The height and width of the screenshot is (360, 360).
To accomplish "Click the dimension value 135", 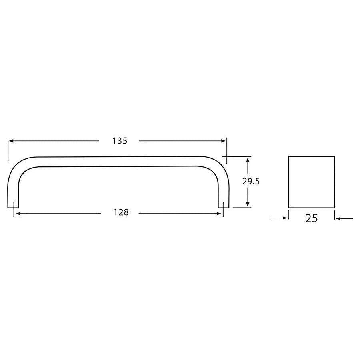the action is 120,141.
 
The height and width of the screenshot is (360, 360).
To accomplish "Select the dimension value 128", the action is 121,212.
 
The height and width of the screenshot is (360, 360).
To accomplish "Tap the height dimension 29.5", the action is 251,181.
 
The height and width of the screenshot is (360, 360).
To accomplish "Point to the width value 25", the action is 312,218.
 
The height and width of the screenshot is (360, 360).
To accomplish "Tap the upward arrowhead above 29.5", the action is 248,160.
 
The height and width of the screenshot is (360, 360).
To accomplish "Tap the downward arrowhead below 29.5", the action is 248,204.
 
